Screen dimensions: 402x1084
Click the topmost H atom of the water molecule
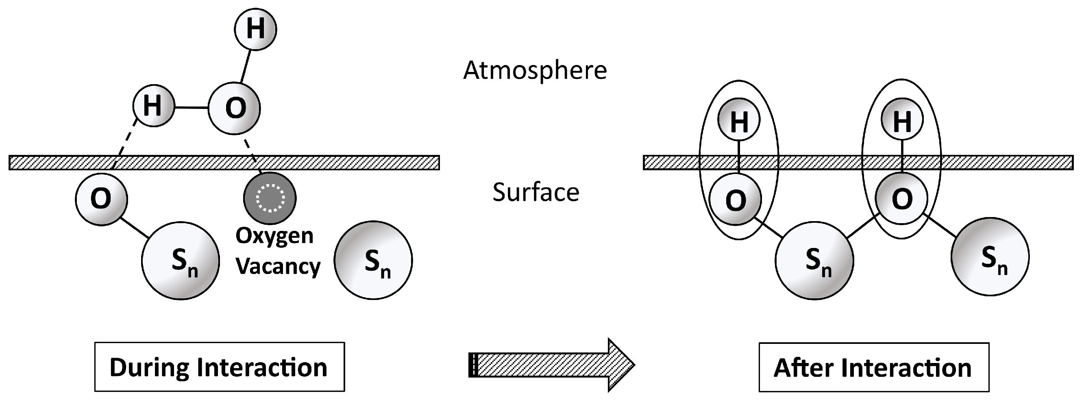(255, 29)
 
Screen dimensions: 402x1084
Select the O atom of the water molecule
(235, 108)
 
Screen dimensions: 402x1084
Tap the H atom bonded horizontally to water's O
(153, 106)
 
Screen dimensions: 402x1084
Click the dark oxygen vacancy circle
(270, 197)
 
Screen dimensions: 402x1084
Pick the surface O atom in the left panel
(101, 199)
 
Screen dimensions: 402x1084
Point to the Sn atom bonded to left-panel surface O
(181, 261)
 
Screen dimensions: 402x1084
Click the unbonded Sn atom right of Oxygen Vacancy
(373, 260)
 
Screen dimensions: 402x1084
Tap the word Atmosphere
(535, 70)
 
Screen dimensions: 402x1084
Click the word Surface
(535, 193)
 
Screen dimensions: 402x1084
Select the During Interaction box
(219, 367)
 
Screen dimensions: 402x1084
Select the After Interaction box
(874, 367)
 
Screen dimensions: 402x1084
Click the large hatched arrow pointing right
(551, 365)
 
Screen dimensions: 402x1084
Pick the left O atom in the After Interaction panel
(736, 200)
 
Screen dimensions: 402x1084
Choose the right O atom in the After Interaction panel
(901, 198)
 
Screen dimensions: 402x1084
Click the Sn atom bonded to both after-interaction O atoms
(814, 261)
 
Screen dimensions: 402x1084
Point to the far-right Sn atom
(990, 256)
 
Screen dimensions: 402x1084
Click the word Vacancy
(278, 266)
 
